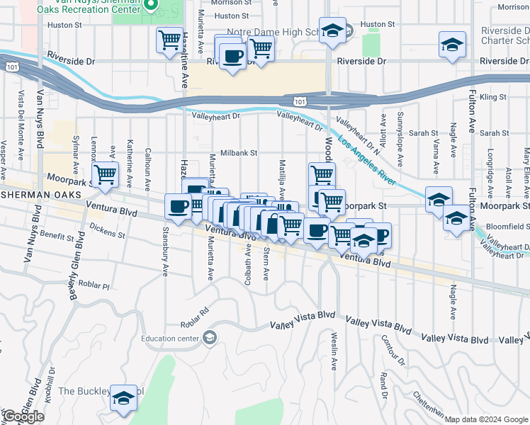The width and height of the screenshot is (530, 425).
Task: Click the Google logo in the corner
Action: click(x=23, y=417)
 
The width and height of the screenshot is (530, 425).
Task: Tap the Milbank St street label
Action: click(x=237, y=152)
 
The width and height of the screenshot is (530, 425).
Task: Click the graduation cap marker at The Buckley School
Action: click(x=123, y=398)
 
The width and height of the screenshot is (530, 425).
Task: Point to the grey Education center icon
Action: click(x=209, y=338)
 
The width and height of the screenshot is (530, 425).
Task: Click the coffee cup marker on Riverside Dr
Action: click(x=232, y=56)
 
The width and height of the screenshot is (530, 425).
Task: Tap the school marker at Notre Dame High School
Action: click(x=331, y=30)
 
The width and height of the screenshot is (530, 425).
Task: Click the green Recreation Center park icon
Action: click(x=151, y=6)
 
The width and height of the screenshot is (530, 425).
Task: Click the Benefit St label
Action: click(x=57, y=234)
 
